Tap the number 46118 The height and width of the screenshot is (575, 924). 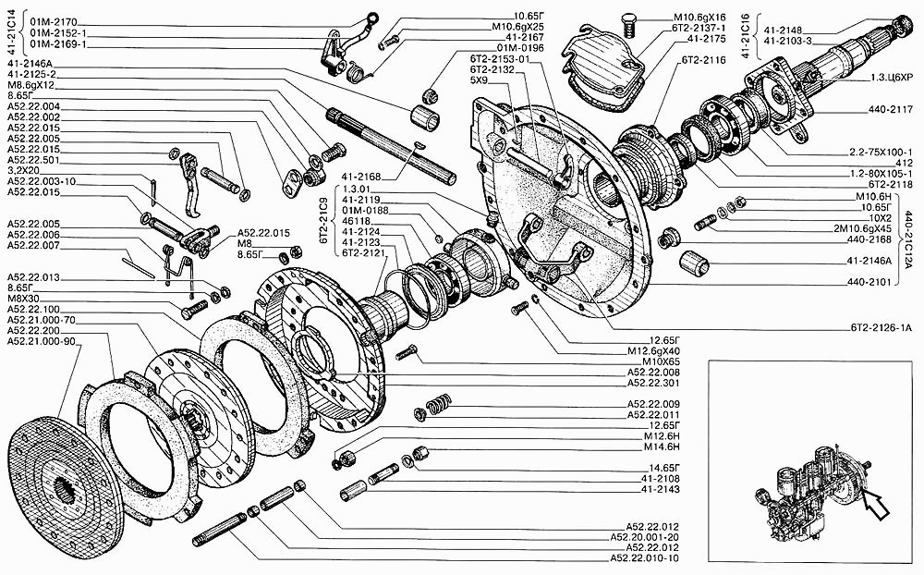click(x=356, y=223)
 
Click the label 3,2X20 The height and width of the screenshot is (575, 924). click(x=25, y=170)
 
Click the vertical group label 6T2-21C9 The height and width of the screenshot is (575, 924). click(x=325, y=222)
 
